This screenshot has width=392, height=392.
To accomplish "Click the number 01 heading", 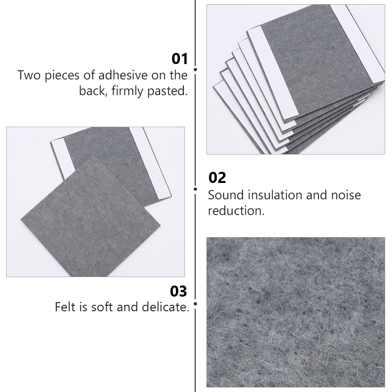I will pos(180,59).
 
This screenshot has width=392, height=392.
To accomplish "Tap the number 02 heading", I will pos(217,178).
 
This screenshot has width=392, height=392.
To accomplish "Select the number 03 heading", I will pos(179,291).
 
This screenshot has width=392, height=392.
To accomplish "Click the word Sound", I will pos(226,195).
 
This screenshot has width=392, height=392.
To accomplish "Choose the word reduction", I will pos(236,211).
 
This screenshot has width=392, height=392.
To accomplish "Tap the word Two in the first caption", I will pos(30,75).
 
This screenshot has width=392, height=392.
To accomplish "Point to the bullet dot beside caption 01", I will pos(195,70).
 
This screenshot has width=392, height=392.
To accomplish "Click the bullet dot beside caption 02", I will pos(195,189).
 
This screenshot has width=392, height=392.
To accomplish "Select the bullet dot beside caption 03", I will pos(195,304).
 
